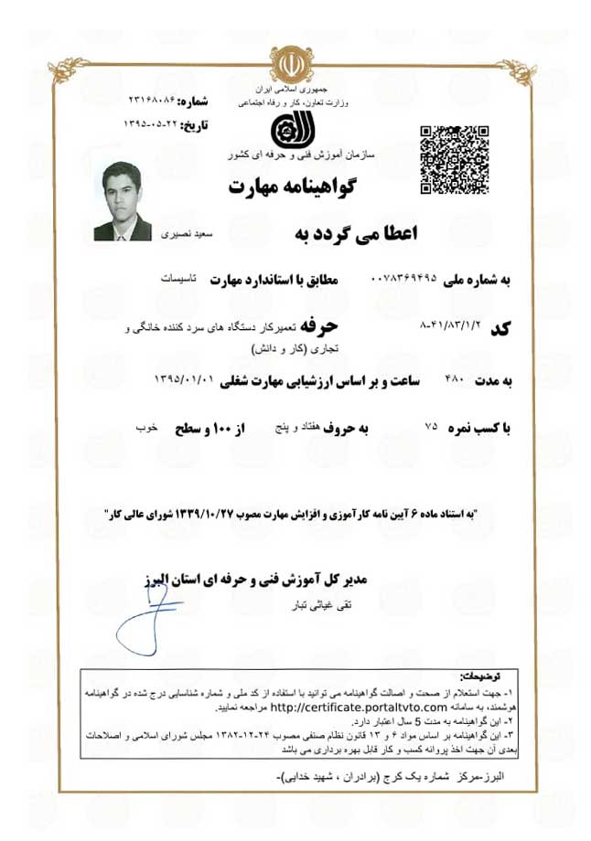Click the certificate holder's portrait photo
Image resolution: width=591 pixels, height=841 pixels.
tap(122, 201)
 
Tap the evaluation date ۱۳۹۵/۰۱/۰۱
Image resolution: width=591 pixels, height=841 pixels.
tap(184, 378)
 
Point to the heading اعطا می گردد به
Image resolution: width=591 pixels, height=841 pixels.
tap(355, 234)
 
